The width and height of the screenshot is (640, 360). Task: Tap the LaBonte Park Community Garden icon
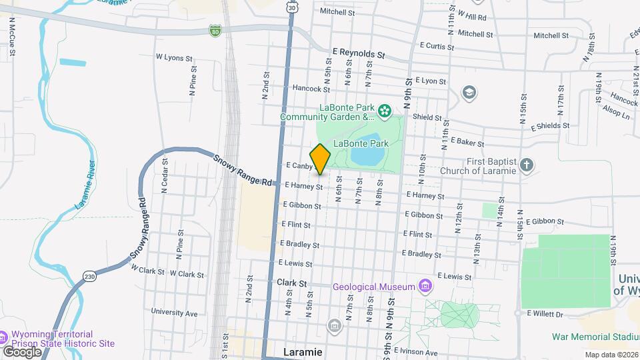coord(384,111)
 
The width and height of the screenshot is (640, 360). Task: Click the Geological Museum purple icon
coord(425,287)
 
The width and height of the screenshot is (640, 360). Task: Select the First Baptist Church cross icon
coord(527,165)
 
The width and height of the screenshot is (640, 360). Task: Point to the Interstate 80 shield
coord(214,31)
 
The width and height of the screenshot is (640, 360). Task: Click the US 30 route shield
coord(291,7)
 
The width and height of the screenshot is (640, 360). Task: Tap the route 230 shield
coord(90,276)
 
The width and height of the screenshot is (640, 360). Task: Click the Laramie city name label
coord(302,351)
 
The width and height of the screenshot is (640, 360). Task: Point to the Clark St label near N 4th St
coord(291,283)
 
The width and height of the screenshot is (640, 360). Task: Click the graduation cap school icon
coord(469,92)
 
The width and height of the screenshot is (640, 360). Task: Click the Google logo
coord(21,351)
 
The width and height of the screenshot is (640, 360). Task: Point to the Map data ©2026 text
coord(611,355)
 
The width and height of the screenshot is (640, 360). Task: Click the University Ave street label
coord(174,312)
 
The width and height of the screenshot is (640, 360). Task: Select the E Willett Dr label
coord(545,313)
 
